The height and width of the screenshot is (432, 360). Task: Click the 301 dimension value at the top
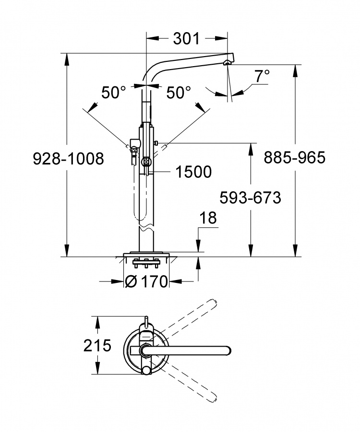[186, 39]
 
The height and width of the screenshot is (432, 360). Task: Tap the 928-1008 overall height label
[69, 159]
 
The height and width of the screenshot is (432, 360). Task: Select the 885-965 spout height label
[295, 158]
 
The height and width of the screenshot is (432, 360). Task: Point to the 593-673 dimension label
[250, 198]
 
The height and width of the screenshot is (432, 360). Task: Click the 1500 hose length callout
[193, 172]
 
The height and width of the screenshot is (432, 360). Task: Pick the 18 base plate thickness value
[208, 218]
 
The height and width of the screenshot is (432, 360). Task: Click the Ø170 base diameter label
[146, 281]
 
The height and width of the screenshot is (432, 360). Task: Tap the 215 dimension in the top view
[97, 345]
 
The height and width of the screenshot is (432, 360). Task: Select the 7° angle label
[262, 76]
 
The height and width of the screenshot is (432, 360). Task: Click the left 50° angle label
[114, 93]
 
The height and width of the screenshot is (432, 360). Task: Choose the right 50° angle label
[179, 93]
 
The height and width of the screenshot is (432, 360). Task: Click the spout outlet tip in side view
[228, 62]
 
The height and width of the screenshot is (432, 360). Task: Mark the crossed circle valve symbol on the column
[145, 162]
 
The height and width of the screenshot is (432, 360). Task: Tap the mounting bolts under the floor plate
[146, 263]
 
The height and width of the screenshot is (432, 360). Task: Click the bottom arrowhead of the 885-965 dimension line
[296, 251]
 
